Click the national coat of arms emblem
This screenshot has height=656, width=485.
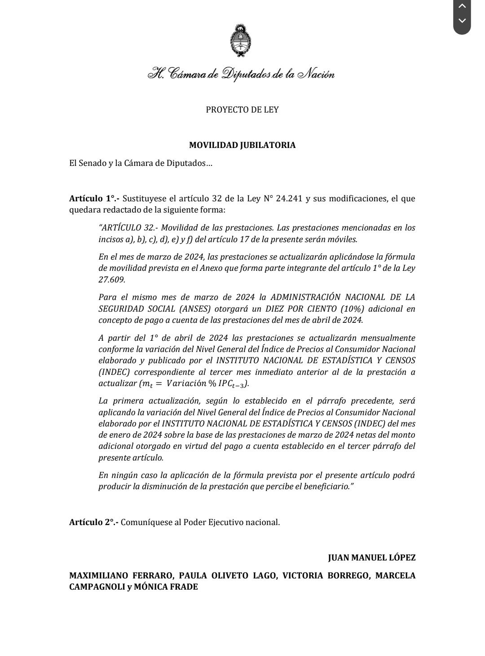241,42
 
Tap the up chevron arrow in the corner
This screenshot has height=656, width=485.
462,6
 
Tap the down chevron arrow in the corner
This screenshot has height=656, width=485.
462,21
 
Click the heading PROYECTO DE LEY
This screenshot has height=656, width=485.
242,110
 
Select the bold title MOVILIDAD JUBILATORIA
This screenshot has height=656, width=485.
242,145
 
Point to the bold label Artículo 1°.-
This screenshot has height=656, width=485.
94,198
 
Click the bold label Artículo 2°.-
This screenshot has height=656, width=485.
94,522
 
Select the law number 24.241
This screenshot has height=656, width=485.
289,198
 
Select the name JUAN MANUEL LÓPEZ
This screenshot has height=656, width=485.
371,558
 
